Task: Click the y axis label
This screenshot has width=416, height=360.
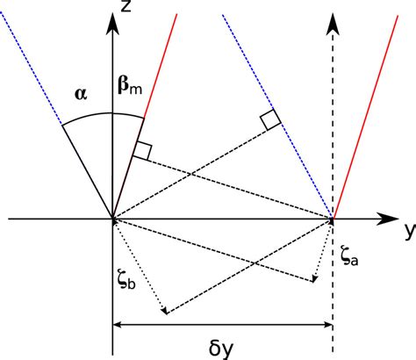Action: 407,231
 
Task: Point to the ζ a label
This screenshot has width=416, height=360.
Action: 348,254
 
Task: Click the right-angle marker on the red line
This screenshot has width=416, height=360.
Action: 141,150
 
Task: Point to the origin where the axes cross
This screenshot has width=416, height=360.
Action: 112,219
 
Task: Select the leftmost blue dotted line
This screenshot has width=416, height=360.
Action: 35,70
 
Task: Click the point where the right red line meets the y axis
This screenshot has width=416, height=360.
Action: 333,219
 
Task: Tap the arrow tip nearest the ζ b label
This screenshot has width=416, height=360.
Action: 164,312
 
